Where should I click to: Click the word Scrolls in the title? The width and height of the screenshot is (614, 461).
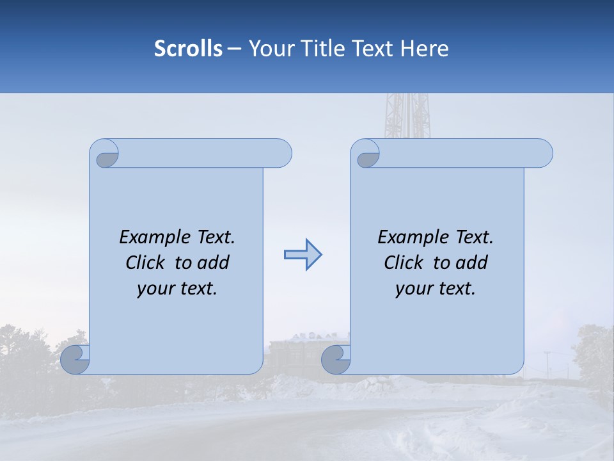188,49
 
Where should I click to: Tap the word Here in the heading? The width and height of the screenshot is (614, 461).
425,49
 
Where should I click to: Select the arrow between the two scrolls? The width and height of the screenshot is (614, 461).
303,255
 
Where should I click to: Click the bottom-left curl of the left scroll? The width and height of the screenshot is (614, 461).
75,359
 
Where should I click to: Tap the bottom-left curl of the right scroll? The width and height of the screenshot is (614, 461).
336,359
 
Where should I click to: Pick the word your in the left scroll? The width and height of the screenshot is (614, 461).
155,289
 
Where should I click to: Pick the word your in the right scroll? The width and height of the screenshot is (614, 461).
413,289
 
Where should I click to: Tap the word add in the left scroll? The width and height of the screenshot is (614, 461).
213,263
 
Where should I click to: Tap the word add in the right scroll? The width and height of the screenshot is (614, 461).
471,263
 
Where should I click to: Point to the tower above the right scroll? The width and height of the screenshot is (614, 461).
407,115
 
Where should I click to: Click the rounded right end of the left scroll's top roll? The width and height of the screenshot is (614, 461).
281,154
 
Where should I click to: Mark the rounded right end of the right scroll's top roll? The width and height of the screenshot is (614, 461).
542,154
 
